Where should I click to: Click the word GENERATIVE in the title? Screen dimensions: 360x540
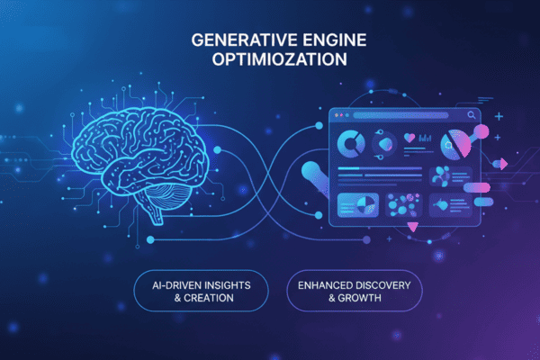(x=237, y=40)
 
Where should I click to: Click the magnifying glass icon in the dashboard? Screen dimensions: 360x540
(x=471, y=116)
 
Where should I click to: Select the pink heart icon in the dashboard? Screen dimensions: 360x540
(x=411, y=139)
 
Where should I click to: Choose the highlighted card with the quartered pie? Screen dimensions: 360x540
(x=357, y=206)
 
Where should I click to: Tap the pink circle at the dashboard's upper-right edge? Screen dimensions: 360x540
(x=481, y=132)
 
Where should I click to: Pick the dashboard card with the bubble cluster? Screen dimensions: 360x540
(x=404, y=206)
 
